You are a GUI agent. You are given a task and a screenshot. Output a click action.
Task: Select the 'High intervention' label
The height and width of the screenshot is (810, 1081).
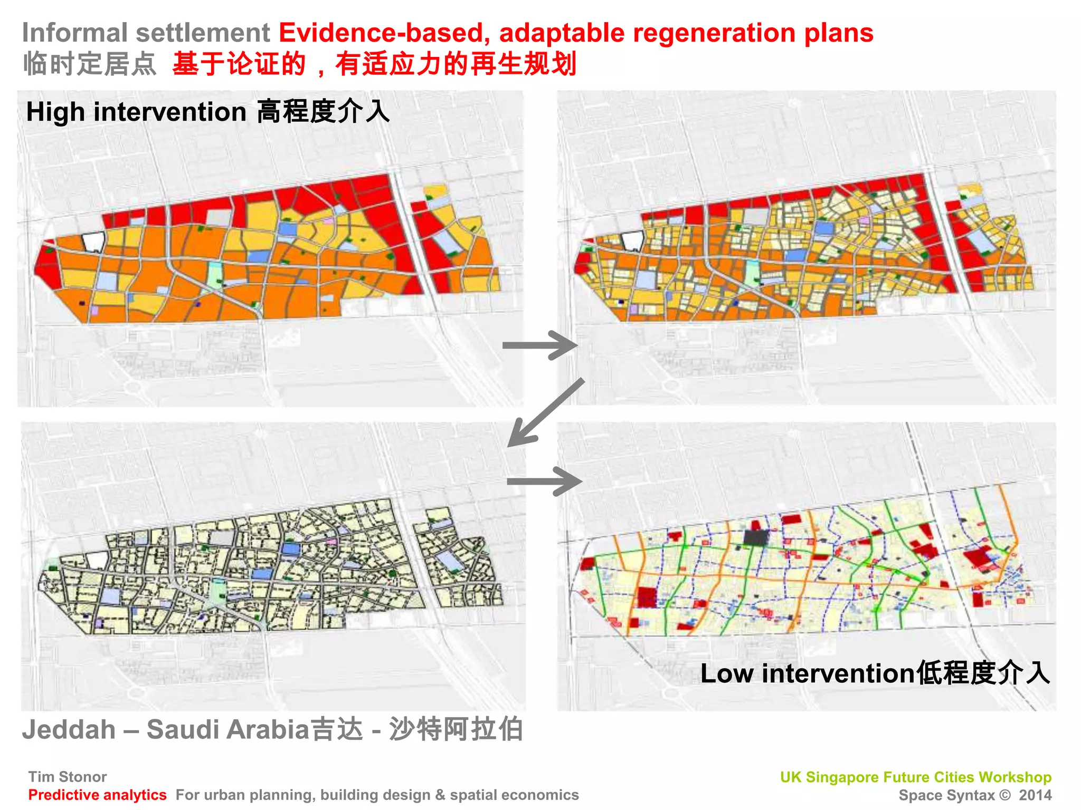[x=136, y=112]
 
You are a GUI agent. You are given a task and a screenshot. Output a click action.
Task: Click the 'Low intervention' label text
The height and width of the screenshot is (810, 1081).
[x=807, y=674]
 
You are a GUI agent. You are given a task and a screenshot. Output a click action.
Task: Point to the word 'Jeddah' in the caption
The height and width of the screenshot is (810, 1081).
[x=69, y=730]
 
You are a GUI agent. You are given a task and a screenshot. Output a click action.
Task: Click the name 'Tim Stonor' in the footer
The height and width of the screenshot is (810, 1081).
[x=68, y=777]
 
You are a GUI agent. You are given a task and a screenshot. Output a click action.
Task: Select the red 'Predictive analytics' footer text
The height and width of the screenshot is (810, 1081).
[x=97, y=795]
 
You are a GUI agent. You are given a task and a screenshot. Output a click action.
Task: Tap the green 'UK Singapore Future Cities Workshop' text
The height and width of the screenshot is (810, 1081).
[x=915, y=777]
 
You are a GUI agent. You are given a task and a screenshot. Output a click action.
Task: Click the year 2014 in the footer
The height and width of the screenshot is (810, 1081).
[x=1035, y=795]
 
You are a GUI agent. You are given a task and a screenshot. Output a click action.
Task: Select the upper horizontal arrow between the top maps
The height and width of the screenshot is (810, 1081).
[x=539, y=345]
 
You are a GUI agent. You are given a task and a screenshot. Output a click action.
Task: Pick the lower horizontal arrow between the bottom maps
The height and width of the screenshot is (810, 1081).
[x=544, y=481]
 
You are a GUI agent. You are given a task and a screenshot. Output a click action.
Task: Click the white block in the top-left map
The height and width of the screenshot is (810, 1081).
[x=93, y=242]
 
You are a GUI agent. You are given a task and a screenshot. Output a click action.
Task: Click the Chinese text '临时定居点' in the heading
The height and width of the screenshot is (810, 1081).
[x=90, y=64]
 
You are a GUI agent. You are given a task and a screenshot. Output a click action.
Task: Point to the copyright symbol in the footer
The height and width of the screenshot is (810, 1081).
[x=1005, y=795]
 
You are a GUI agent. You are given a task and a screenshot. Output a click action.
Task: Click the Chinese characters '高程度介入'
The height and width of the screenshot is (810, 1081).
[x=324, y=112]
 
